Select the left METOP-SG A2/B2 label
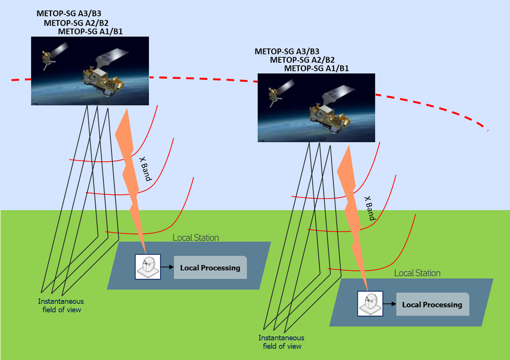click(x=76, y=22)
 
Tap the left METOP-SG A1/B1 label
click(x=90, y=31)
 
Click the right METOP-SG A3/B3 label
click(x=287, y=51)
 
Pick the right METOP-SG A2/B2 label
click(x=302, y=60)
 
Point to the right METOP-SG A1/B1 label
click(x=316, y=68)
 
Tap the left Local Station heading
click(x=195, y=238)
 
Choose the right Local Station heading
click(x=417, y=273)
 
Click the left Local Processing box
click(x=210, y=268)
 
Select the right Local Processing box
click(x=432, y=304)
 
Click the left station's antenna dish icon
click(x=148, y=266)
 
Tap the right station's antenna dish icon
click(x=370, y=303)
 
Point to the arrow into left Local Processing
click(x=167, y=266)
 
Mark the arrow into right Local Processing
click(x=390, y=304)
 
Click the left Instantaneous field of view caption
click(x=61, y=305)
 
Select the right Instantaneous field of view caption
click(x=281, y=342)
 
